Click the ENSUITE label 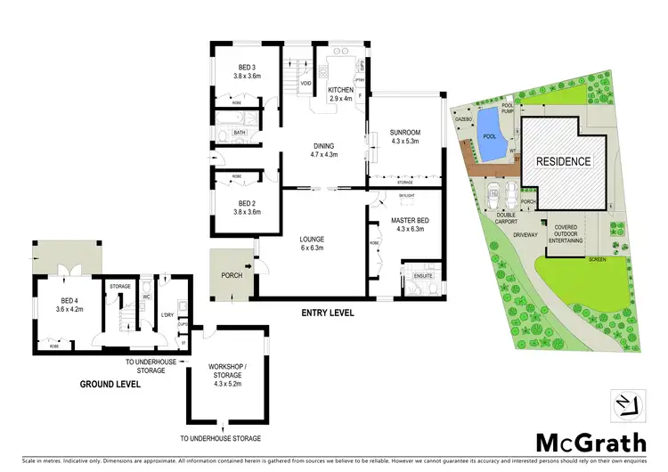click(423, 277)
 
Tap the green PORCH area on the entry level click(231, 275)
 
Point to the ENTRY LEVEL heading click(328, 313)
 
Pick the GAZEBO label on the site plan click(462, 118)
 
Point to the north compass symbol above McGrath click(628, 405)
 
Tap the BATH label click(240, 133)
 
